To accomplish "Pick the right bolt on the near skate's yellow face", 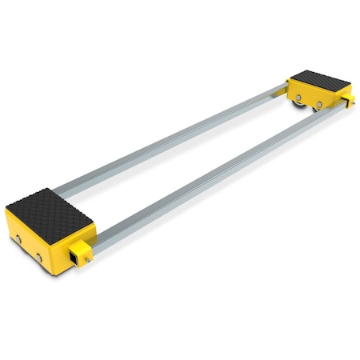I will (38, 256).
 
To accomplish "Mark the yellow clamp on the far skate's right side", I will (347, 99).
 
